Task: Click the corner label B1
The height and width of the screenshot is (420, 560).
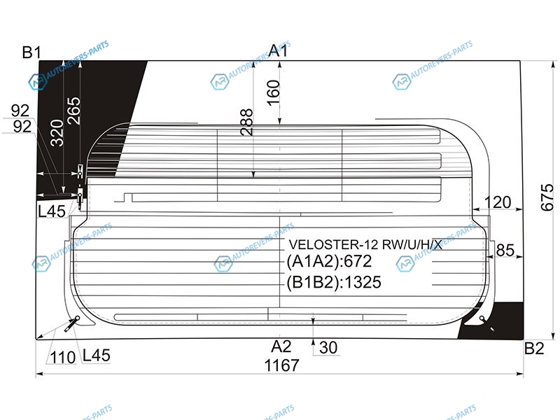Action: [31, 52]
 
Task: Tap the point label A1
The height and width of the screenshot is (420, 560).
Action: [278, 50]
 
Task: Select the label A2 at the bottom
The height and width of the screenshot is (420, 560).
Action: [281, 346]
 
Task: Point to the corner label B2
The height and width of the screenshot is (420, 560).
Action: [534, 348]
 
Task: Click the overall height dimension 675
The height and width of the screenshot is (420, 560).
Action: [547, 197]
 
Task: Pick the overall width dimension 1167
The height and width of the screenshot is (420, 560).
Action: [281, 365]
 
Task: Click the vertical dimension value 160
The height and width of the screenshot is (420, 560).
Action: [273, 93]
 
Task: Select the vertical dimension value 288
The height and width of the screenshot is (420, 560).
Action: [247, 122]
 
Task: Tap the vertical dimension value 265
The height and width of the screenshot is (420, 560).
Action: [74, 111]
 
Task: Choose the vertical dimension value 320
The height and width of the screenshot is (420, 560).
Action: [57, 133]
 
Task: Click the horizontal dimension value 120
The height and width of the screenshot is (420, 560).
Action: [498, 202]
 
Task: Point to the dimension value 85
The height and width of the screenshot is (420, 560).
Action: [505, 250]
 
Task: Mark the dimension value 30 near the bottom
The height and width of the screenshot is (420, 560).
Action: [328, 347]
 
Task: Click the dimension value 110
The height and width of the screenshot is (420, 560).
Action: [63, 358]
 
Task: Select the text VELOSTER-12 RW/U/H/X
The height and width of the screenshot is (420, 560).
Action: [365, 244]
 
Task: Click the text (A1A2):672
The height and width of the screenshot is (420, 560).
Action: [329, 261]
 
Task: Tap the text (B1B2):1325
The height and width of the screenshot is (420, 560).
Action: [334, 282]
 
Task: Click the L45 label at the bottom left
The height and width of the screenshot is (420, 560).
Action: [96, 356]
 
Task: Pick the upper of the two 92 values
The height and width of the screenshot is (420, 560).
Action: [20, 111]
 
